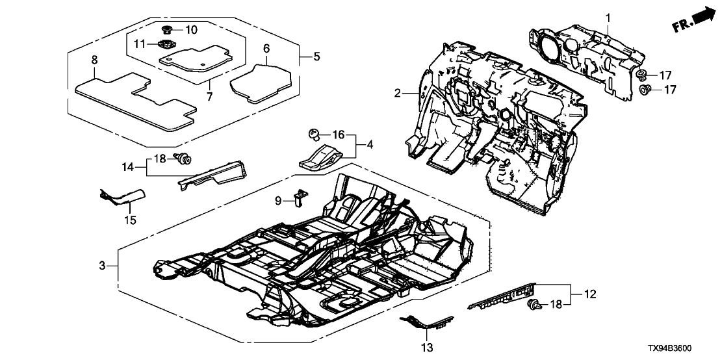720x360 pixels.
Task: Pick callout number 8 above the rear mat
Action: pos(95,60)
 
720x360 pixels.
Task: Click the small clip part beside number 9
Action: pos(300,196)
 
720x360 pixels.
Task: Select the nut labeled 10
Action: pos(167,30)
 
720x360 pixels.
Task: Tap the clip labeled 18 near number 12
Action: pos(535,304)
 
